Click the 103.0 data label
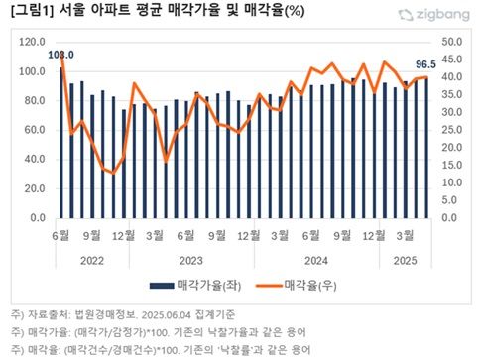pyautogui.click(x=61, y=54)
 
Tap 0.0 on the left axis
pyautogui.click(x=38, y=218)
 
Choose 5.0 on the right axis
pyautogui.click(x=449, y=200)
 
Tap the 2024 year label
pyautogui.click(x=316, y=261)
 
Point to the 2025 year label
pyautogui.click(x=407, y=261)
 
